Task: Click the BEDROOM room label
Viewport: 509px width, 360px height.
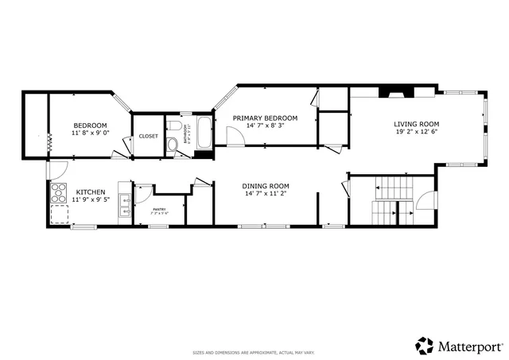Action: tap(91, 126)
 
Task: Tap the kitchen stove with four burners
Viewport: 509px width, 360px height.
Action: tap(59, 192)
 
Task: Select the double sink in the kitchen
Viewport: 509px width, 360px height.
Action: tap(124, 206)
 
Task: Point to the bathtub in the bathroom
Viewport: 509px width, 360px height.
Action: tap(203, 133)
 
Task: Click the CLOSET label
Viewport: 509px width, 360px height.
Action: tap(149, 136)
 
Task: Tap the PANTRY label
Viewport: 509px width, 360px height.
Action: tap(159, 209)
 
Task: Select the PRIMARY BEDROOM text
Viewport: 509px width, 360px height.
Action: tap(265, 118)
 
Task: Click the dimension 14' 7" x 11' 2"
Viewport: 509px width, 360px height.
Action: tap(266, 193)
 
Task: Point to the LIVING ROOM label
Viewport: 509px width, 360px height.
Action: tap(417, 123)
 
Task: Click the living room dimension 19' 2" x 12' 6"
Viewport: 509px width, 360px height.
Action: tap(417, 132)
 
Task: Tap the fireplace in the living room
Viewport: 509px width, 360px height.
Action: tap(393, 91)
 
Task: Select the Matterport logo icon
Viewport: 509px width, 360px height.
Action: tap(425, 346)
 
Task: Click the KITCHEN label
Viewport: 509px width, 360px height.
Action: tap(91, 192)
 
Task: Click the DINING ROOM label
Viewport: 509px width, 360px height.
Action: tap(266, 185)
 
